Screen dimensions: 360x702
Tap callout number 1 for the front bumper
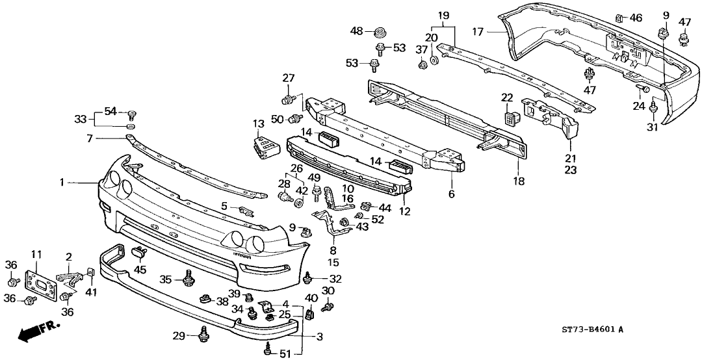(63, 183)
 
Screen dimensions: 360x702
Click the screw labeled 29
(203, 334)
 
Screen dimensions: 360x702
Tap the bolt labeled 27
(287, 99)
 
